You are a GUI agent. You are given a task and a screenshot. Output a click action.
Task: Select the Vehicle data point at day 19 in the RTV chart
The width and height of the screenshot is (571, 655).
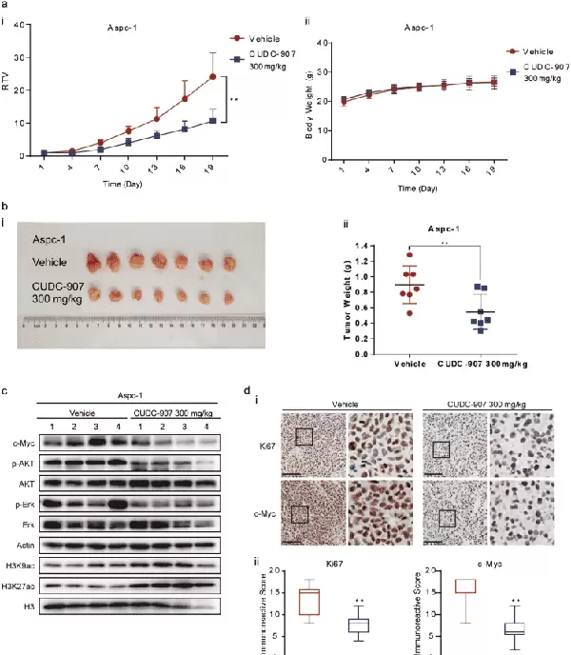click(212, 76)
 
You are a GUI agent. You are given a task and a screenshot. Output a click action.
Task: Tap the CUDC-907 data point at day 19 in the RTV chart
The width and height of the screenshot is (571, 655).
click(212, 121)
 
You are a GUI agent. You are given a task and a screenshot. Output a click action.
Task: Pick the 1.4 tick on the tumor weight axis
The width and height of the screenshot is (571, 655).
click(360, 246)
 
